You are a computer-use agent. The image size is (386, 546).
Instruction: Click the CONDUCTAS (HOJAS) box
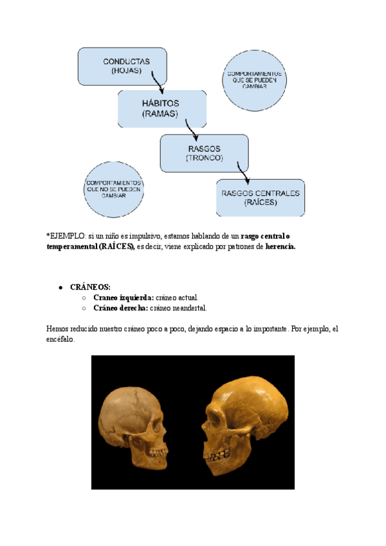[x=122, y=66]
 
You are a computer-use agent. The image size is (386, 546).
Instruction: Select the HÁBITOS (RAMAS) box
[x=161, y=109]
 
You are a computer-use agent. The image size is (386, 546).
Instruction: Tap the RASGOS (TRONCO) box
[x=204, y=153]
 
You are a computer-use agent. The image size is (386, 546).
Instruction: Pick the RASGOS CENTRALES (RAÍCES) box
[x=260, y=197]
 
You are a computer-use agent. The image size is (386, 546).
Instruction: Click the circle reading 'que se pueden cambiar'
[x=254, y=80]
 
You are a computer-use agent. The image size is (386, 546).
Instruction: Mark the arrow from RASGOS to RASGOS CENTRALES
[x=242, y=172]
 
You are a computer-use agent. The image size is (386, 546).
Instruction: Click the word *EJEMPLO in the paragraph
[x=66, y=236]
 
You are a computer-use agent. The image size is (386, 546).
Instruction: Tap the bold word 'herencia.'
[x=280, y=246]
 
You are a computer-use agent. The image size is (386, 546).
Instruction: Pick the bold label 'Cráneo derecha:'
[x=120, y=308]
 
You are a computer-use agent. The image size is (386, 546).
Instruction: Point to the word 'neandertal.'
[x=186, y=308]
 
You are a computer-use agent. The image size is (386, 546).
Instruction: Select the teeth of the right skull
[x=217, y=456]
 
